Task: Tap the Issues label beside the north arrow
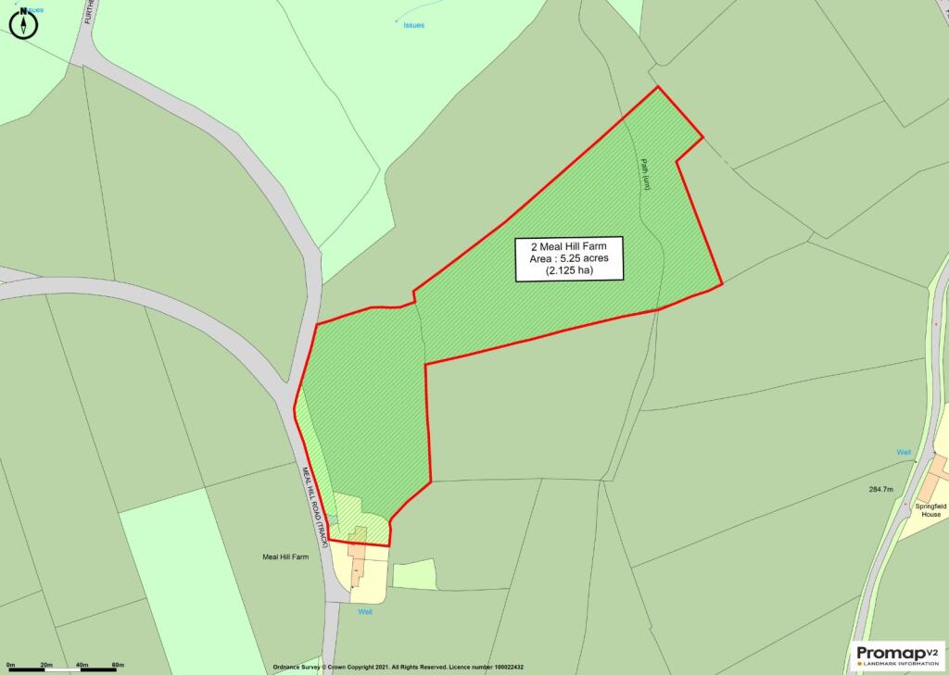(34, 10)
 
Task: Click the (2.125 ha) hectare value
(569, 271)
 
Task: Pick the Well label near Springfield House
(904, 452)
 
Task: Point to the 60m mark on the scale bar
(118, 666)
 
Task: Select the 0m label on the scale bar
(11, 666)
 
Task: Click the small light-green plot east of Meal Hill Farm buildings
(413, 574)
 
